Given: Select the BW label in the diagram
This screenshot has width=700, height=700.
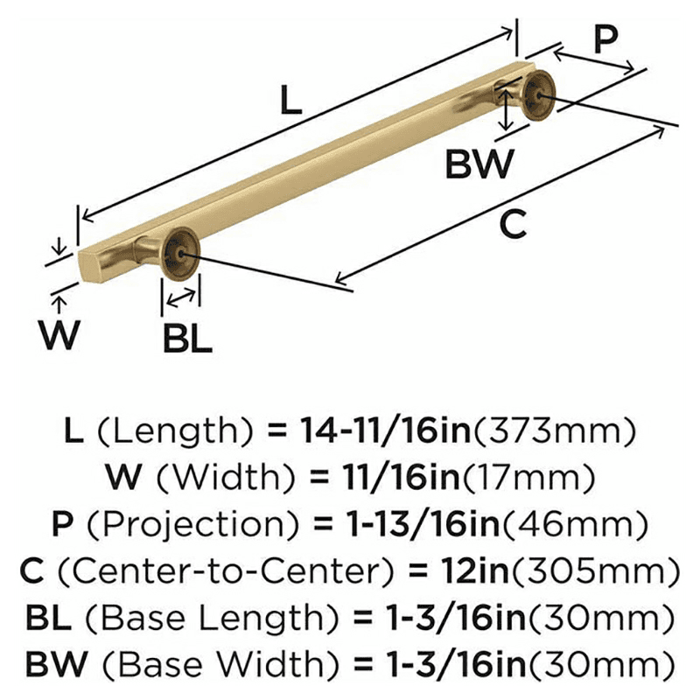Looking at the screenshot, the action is (479, 164).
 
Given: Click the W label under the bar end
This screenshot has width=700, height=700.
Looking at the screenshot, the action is (59, 335).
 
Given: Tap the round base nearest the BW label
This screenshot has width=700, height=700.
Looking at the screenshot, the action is (539, 95).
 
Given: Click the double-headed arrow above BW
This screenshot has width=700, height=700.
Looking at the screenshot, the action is (506, 108).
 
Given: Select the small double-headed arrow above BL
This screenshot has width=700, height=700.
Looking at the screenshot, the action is (181, 298).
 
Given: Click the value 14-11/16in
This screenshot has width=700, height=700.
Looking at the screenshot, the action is (385, 430).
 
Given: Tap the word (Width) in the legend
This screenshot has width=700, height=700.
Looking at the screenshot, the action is (226, 477).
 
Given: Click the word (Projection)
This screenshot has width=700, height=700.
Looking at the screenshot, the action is (192, 524).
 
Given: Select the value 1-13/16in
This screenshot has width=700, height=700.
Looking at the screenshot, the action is (423, 523).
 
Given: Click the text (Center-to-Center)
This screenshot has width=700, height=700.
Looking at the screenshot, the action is (227, 571).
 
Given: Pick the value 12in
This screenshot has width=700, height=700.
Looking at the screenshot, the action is (474, 570).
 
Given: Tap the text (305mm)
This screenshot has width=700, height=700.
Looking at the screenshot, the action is (595, 571).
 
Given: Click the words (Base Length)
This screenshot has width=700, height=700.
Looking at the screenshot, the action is (211, 619).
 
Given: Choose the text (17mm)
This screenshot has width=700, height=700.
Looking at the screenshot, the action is (528, 478).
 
